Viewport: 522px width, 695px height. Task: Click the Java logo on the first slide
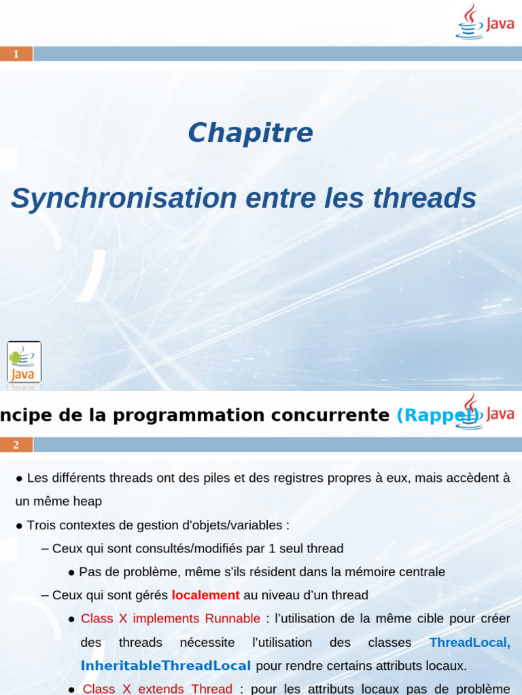[x=484, y=22]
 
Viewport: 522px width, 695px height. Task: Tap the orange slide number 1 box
[x=16, y=54]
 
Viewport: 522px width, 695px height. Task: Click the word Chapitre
[x=250, y=132]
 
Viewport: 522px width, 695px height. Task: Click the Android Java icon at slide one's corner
[x=24, y=362]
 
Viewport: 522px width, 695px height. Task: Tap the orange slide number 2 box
[x=16, y=445]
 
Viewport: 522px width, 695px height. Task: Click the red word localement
[x=205, y=595]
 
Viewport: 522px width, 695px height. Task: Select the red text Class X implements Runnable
[x=170, y=618]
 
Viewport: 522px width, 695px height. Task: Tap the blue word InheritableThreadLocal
[x=166, y=665]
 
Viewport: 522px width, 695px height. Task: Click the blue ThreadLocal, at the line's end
[x=470, y=642]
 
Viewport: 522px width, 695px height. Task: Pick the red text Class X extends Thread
[x=158, y=688]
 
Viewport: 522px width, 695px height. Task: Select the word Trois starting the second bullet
[x=41, y=525]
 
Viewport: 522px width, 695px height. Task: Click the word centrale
[x=421, y=571]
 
